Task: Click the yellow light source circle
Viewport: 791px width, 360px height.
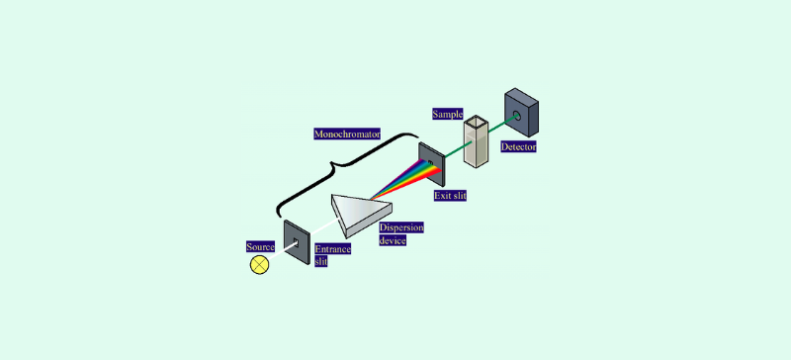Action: pos(260,264)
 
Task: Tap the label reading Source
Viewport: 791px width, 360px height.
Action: pos(260,245)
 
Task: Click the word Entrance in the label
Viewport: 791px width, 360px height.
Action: pos(332,250)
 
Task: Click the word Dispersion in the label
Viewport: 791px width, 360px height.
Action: pos(400,228)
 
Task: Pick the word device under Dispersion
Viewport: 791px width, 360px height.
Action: pos(393,240)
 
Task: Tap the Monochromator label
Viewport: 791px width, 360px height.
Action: pos(347,134)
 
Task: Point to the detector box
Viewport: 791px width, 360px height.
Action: pos(522,113)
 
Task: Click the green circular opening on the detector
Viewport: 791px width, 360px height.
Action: pos(515,118)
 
